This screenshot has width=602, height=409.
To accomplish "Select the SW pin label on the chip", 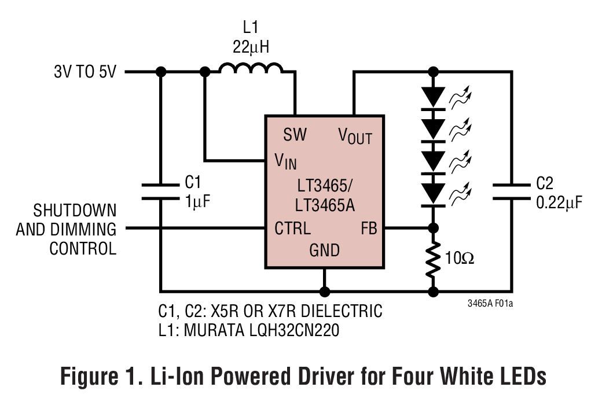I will tap(295, 135).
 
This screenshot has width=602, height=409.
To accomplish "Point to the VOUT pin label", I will tap(355, 137).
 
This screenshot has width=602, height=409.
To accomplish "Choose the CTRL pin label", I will tap(292, 228).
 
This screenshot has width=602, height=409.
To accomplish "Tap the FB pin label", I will tap(369, 228).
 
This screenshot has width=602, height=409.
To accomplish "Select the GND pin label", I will tap(324, 250).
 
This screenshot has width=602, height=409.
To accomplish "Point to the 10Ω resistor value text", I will tap(460, 258).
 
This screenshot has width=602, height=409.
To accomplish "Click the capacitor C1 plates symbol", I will tap(161, 191).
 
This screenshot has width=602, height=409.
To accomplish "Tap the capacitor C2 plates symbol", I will tap(511, 191).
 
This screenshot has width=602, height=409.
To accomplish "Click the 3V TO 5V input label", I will tap(85, 72).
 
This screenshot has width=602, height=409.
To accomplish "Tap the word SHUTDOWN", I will tap(74, 209).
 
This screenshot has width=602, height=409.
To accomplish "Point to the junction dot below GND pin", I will tap(325, 291).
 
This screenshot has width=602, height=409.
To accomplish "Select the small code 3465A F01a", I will tap(490, 303).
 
